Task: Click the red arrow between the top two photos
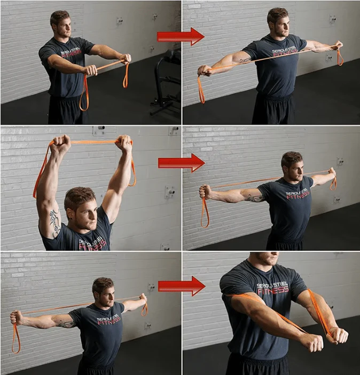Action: pos(180,36)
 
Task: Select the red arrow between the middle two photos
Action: pos(181,163)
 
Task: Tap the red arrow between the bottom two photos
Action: pos(181,286)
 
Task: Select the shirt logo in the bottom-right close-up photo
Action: pos(272,289)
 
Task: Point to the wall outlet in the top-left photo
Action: pos(119,21)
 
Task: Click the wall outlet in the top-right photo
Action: pos(333,19)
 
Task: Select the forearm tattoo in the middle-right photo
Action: pos(254,198)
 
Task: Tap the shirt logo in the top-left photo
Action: pos(72,53)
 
